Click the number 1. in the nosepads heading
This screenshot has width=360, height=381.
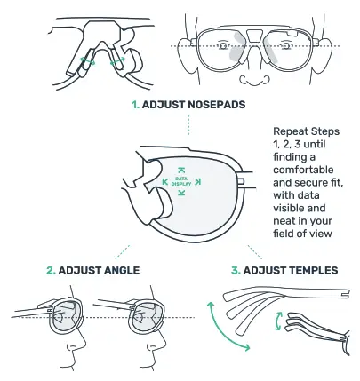pyautogui.click(x=136, y=105)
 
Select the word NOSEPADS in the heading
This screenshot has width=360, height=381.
pyautogui.click(x=212, y=105)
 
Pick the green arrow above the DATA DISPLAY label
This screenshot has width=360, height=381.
pyautogui.click(x=180, y=169)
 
